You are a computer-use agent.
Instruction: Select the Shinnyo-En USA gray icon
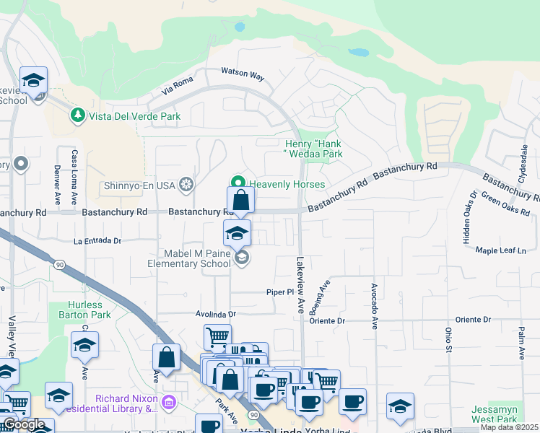[x=186, y=185]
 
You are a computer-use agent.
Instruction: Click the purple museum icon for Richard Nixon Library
[x=168, y=401]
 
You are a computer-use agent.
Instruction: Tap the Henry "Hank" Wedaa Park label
[x=313, y=149]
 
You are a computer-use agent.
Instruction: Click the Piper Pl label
[x=281, y=292]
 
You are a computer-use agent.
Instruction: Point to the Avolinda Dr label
[x=216, y=315]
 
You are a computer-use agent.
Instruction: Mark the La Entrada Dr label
[x=97, y=240]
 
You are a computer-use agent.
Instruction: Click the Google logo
[x=24, y=424]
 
